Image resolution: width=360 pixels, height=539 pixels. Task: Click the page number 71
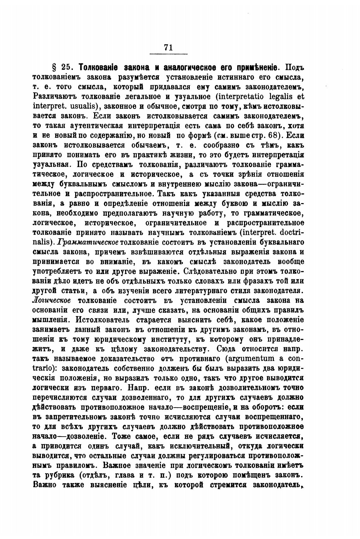click(168, 47)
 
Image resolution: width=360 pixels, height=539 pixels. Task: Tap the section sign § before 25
click(54, 67)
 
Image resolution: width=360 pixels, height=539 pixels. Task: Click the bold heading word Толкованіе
click(98, 67)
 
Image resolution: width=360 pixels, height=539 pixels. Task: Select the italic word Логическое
click(51, 300)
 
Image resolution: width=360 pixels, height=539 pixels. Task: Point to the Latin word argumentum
click(249, 359)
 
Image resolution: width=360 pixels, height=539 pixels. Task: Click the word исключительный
click(207, 446)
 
